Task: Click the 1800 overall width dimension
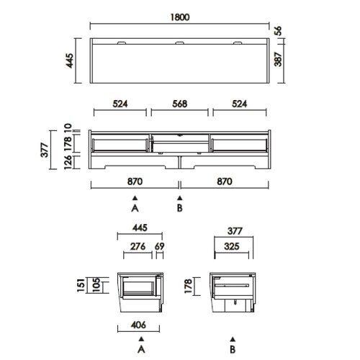180,17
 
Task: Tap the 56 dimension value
278,31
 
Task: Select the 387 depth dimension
278,59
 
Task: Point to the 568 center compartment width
180,104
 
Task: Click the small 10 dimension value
68,127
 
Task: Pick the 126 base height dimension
68,163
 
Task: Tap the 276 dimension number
138,246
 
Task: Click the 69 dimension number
160,246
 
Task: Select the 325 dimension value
232,246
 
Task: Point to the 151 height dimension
81,285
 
